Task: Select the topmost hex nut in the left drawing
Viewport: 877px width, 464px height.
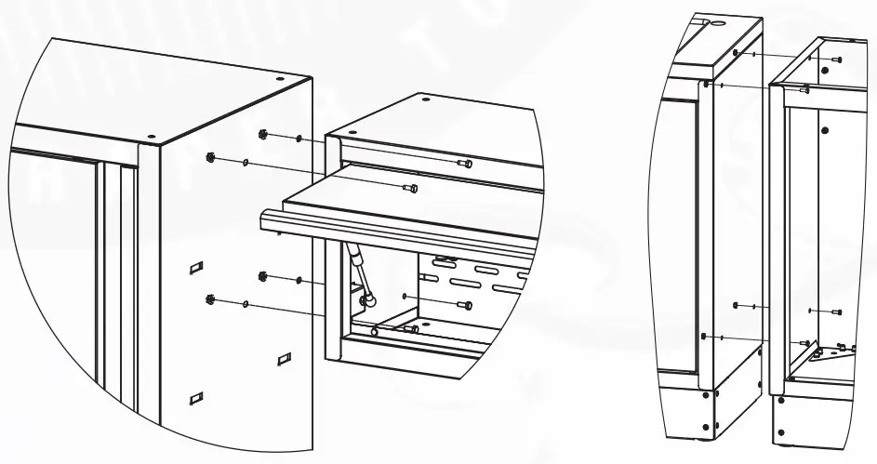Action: (263, 135)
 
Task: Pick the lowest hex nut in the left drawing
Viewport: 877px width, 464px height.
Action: (209, 299)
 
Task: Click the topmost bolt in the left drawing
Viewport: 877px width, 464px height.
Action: (467, 164)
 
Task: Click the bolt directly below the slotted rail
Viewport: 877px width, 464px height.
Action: (467, 304)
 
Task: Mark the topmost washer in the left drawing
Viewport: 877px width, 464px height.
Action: (299, 139)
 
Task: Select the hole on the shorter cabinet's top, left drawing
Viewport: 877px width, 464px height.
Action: (425, 99)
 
